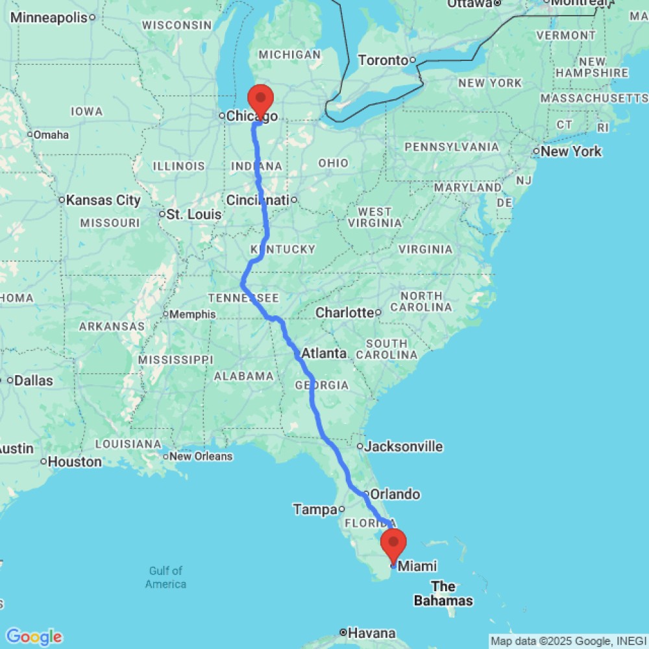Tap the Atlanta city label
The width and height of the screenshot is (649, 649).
324,354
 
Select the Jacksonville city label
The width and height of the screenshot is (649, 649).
403,447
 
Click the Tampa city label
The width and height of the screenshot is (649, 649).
315,510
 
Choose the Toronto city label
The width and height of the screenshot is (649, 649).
383,60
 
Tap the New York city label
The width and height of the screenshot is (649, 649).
571,152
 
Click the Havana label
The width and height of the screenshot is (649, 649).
371,633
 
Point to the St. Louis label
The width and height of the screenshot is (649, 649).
194,214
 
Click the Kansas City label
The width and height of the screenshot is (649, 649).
103,200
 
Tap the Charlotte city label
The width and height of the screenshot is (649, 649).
344,313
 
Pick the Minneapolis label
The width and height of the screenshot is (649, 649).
49,18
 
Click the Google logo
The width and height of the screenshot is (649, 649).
34,637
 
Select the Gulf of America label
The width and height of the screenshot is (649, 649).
165,578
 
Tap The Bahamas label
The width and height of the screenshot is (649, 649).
443,594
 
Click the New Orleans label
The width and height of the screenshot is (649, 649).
201,456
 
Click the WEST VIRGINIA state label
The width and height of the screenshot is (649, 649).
374,217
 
